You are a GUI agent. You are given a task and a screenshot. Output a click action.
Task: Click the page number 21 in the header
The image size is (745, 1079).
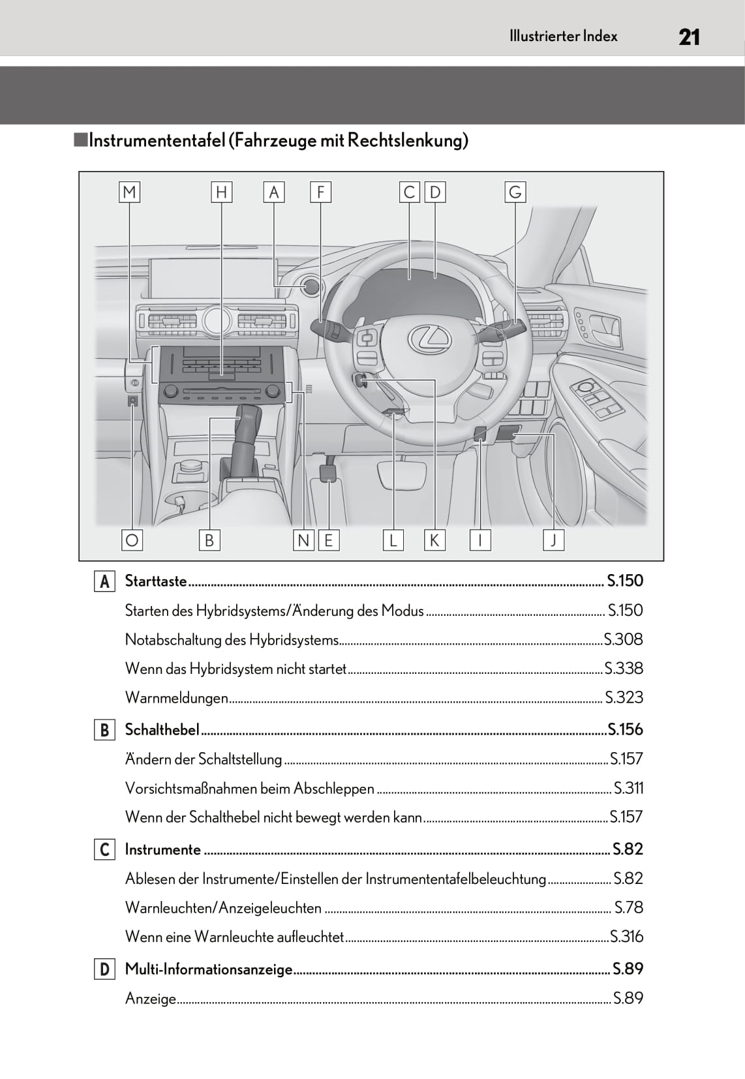[689, 37]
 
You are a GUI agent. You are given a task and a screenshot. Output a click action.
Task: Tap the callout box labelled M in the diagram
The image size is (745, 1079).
[129, 192]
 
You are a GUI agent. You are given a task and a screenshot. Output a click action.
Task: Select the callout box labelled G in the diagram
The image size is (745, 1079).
[515, 192]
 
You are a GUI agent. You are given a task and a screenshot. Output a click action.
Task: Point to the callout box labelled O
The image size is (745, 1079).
[132, 540]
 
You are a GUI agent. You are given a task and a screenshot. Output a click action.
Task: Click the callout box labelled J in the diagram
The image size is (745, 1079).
[553, 540]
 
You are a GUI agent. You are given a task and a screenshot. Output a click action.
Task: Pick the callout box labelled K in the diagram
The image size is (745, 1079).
[434, 540]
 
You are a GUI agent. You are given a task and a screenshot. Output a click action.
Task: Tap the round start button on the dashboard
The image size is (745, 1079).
[312, 286]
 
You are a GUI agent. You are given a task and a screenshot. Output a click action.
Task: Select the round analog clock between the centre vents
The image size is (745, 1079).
[217, 320]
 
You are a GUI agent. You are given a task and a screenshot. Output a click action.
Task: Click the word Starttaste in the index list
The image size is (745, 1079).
[155, 581]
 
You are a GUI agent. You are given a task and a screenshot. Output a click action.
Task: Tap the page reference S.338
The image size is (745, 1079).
[624, 668]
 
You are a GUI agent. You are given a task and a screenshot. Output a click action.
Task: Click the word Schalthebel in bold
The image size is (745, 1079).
[162, 730]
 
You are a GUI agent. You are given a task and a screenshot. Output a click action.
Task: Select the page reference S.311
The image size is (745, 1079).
[628, 788]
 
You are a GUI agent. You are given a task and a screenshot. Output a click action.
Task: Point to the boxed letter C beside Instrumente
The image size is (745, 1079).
[104, 849]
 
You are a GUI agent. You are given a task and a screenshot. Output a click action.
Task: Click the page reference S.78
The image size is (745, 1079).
[629, 907]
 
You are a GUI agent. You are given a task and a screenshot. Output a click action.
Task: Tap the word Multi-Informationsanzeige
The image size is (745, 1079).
[209, 969]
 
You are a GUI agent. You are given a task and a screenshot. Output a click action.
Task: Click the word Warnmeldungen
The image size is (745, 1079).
[176, 697]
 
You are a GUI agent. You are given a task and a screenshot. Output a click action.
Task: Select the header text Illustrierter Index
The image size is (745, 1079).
[564, 37]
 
